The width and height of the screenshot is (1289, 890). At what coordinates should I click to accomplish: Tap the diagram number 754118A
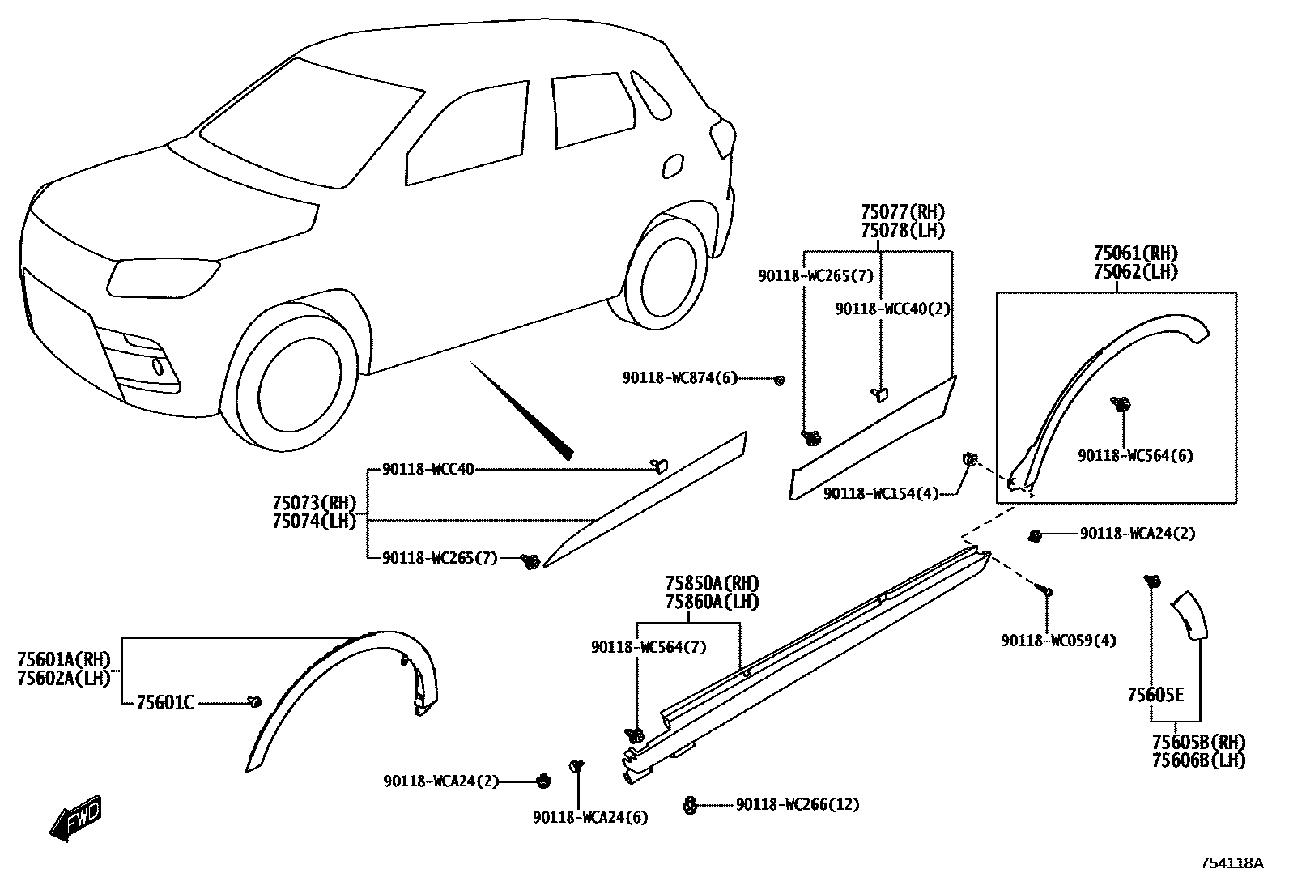point(1231,863)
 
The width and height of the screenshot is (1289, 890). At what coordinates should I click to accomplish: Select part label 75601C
point(165,703)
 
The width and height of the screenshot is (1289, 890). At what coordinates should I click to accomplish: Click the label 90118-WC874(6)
point(679,378)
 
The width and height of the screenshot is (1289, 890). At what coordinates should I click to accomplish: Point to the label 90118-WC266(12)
point(798,805)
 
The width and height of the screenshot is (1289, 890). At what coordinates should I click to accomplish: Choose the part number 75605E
point(1155,695)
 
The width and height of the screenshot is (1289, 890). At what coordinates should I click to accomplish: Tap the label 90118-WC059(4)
point(1058,641)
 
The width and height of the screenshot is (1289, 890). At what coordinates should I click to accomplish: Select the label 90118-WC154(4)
point(881,493)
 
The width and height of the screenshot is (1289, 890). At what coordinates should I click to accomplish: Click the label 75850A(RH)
point(713,583)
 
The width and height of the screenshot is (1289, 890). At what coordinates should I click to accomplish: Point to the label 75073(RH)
point(314,503)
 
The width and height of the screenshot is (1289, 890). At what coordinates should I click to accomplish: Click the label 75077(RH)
point(902,212)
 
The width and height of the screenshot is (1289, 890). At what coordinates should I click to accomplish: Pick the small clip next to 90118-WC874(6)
point(780,380)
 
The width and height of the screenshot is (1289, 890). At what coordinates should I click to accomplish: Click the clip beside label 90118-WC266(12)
point(690,805)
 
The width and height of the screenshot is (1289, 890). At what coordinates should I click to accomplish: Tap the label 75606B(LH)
point(1198,760)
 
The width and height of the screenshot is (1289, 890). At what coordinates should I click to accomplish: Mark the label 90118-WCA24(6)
point(590,818)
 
